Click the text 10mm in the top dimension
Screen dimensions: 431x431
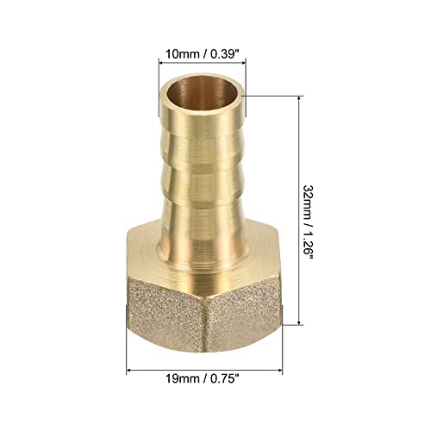click(182, 53)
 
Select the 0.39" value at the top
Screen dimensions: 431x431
click(226, 53)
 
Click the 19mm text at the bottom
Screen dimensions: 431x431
click(182, 378)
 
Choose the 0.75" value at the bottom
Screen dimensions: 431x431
click(225, 378)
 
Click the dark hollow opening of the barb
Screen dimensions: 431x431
click(203, 94)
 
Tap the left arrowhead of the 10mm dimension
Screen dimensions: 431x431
click(161, 62)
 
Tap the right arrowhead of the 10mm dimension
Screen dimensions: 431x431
click(243, 62)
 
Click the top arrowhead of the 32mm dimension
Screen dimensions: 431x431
click(300, 99)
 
